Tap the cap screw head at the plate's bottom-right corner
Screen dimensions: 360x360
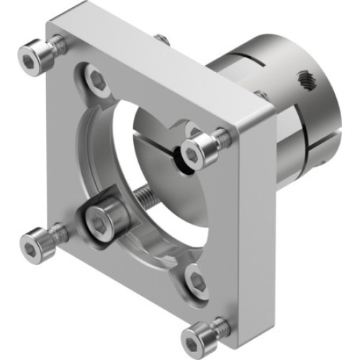(196, 337)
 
